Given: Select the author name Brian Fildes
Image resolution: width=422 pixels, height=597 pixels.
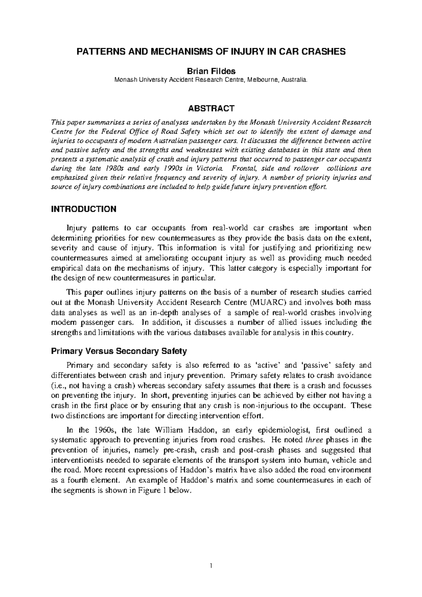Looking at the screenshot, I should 211,71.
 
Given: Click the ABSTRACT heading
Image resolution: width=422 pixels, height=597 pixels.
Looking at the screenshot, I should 211,108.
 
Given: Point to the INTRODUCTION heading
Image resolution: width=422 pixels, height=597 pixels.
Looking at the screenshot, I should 84,209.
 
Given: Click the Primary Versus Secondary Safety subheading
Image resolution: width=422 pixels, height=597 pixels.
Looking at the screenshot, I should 119,351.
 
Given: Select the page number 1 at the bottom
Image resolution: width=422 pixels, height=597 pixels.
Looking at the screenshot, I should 211,566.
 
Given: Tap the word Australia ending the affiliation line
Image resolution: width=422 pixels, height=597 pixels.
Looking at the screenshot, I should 295,80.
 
